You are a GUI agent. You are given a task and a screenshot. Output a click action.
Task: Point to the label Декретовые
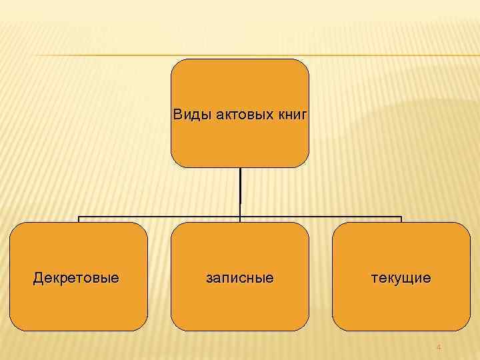76,277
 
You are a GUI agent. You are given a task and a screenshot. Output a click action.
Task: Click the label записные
239,277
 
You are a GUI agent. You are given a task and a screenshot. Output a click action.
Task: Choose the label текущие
401,277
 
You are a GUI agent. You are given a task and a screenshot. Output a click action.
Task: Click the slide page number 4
439,347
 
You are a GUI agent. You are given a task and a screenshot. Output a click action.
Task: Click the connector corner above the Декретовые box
79,218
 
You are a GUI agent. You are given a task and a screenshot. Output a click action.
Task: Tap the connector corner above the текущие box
401,218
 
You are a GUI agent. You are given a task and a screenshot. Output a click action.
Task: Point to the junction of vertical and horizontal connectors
240,217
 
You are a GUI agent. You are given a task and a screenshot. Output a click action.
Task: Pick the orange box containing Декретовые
79,307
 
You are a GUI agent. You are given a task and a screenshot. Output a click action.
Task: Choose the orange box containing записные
240,307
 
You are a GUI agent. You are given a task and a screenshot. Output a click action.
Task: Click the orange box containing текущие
401,307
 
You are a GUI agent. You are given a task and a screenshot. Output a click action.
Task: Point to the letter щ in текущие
411,278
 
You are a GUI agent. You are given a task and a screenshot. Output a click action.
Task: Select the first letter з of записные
209,277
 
